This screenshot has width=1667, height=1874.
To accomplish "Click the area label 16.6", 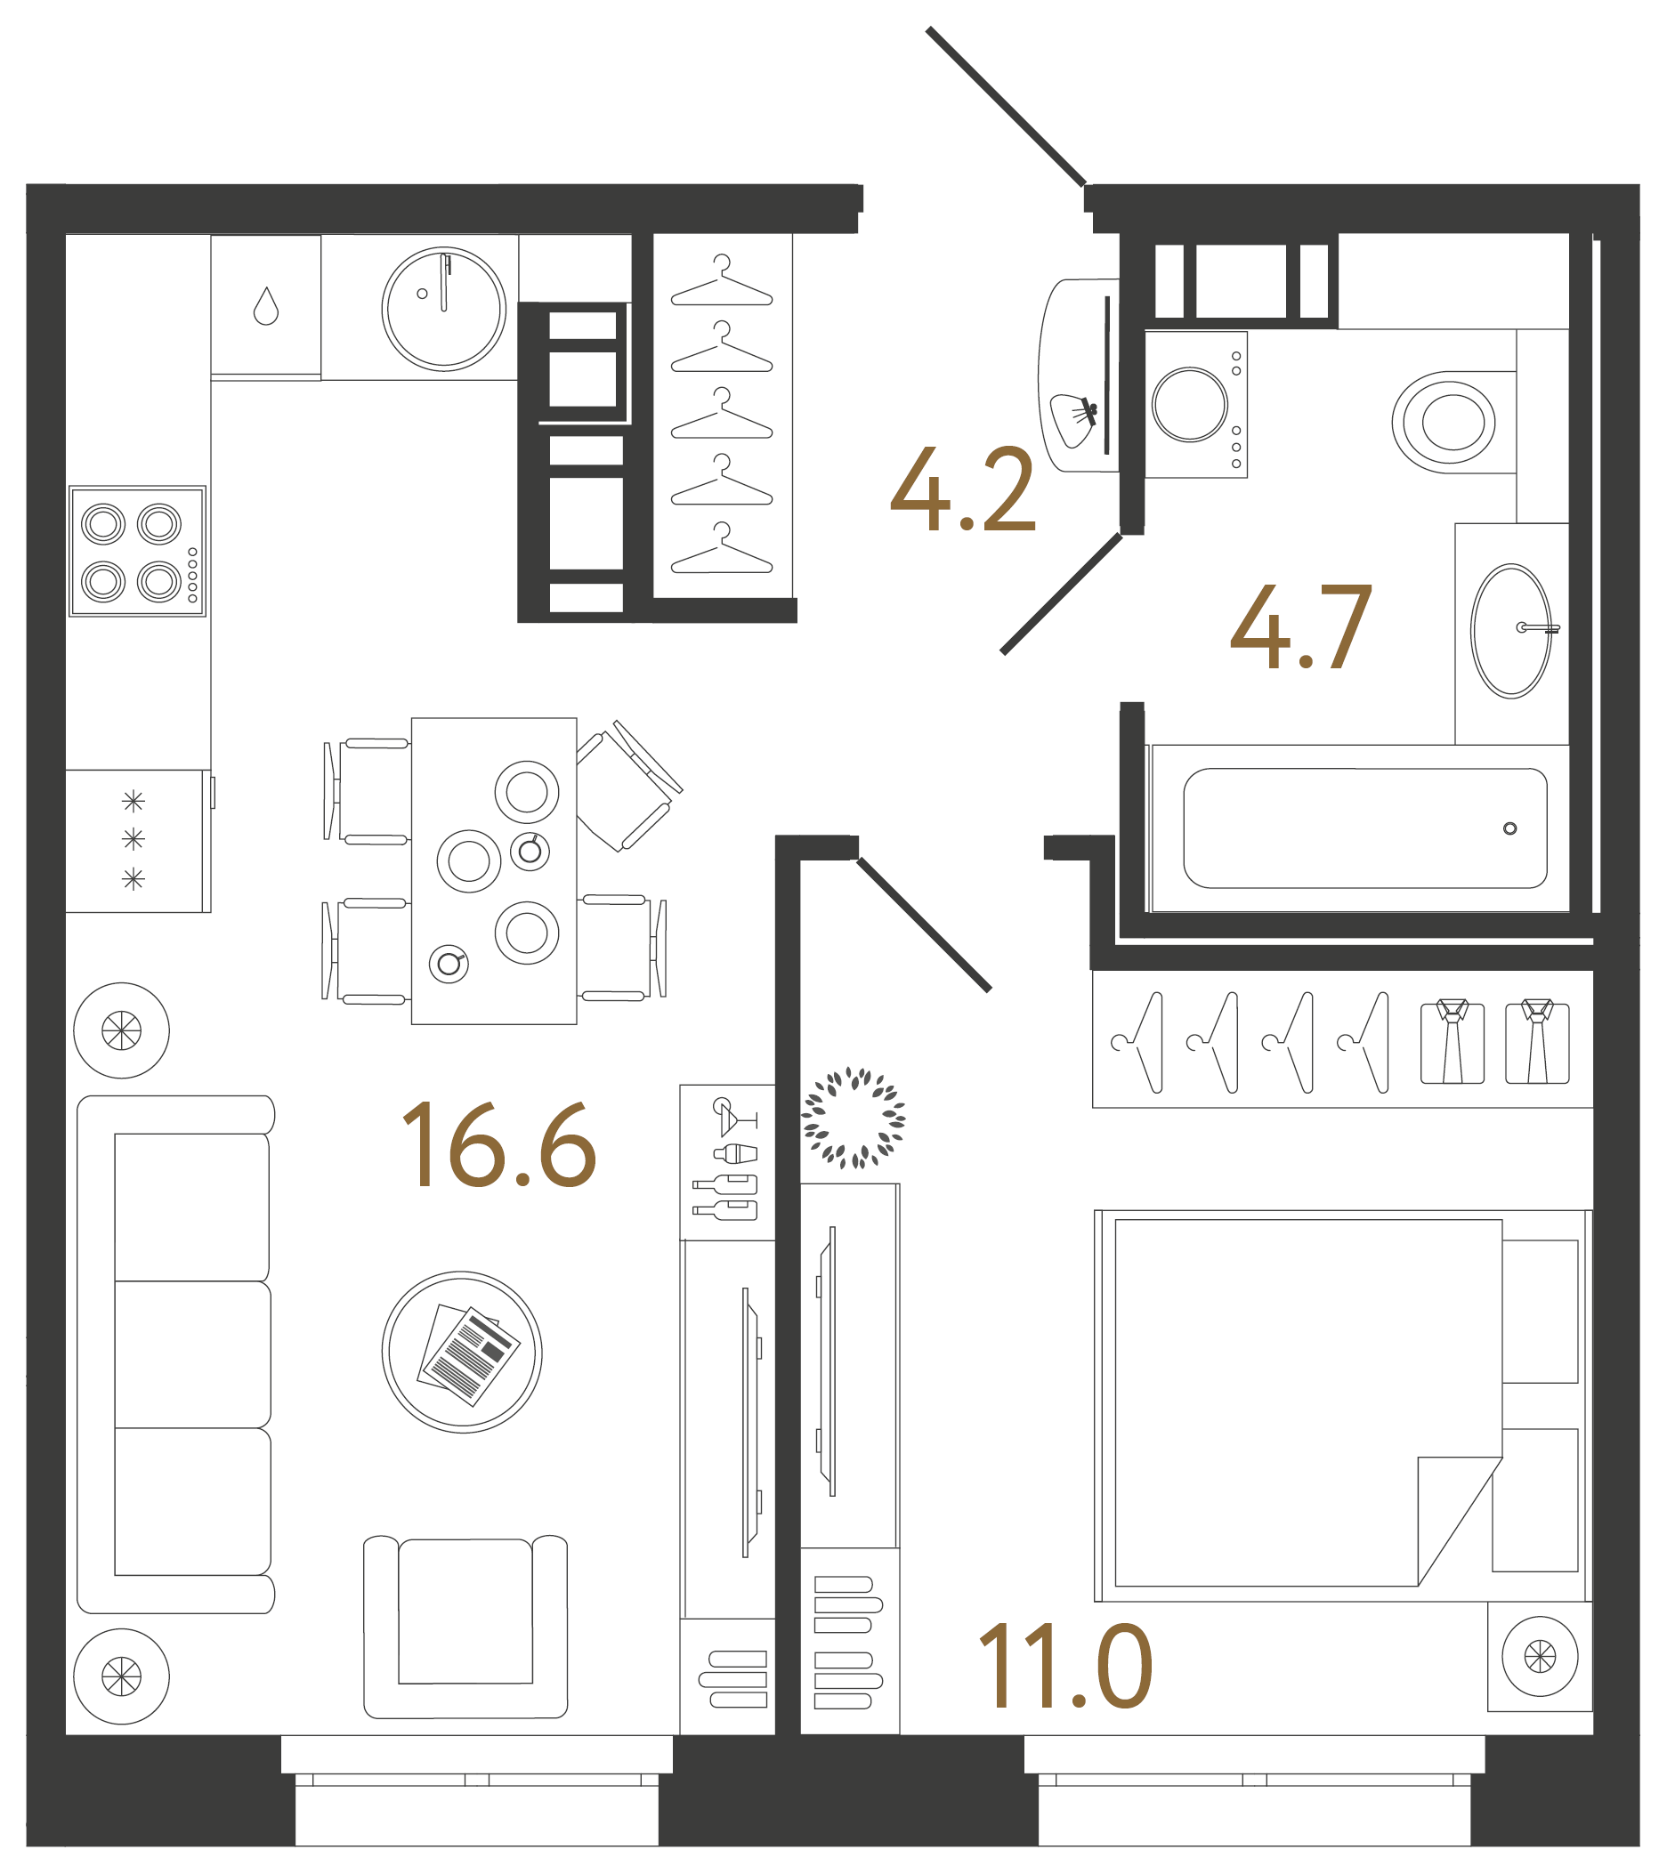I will point(499,1145).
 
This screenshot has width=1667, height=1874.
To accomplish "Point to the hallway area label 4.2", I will point(963,490).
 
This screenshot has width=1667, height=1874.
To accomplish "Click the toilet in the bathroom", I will point(1445,423).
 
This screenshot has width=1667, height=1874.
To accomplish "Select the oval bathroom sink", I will point(1510,631).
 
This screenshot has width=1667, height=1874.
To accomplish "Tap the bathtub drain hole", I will point(1509,828).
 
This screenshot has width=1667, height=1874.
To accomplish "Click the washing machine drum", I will point(1189,404).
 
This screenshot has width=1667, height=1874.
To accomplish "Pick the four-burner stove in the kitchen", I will point(138,551).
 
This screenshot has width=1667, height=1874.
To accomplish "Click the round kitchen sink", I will point(444,309).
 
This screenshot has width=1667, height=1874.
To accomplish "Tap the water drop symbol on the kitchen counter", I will point(266,306).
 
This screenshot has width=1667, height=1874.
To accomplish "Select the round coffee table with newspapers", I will point(462,1352).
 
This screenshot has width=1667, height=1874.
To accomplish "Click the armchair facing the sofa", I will point(465,1628).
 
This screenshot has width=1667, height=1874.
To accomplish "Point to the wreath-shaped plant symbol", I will point(854,1118).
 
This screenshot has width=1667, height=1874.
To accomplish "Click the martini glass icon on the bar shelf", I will point(731,1116).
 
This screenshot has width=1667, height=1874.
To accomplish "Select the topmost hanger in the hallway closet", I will point(722,282).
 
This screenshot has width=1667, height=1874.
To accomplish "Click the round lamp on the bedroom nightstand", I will point(1540,1656).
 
